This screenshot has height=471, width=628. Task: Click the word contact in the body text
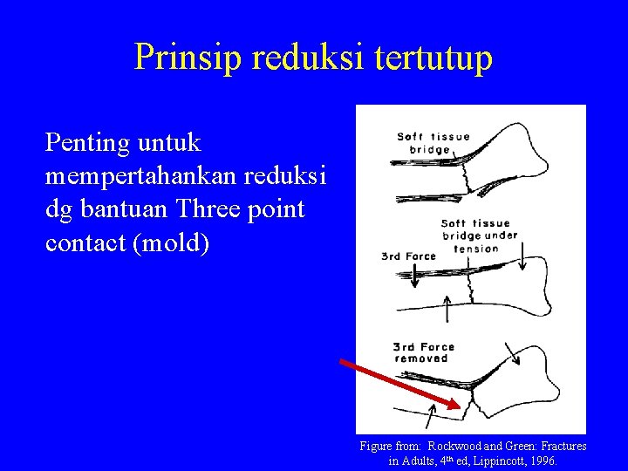click(x=86, y=242)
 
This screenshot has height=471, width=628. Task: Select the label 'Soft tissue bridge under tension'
click(x=478, y=235)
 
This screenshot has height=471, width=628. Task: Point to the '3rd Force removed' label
click(x=424, y=352)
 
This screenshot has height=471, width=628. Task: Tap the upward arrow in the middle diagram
click(x=447, y=307)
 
